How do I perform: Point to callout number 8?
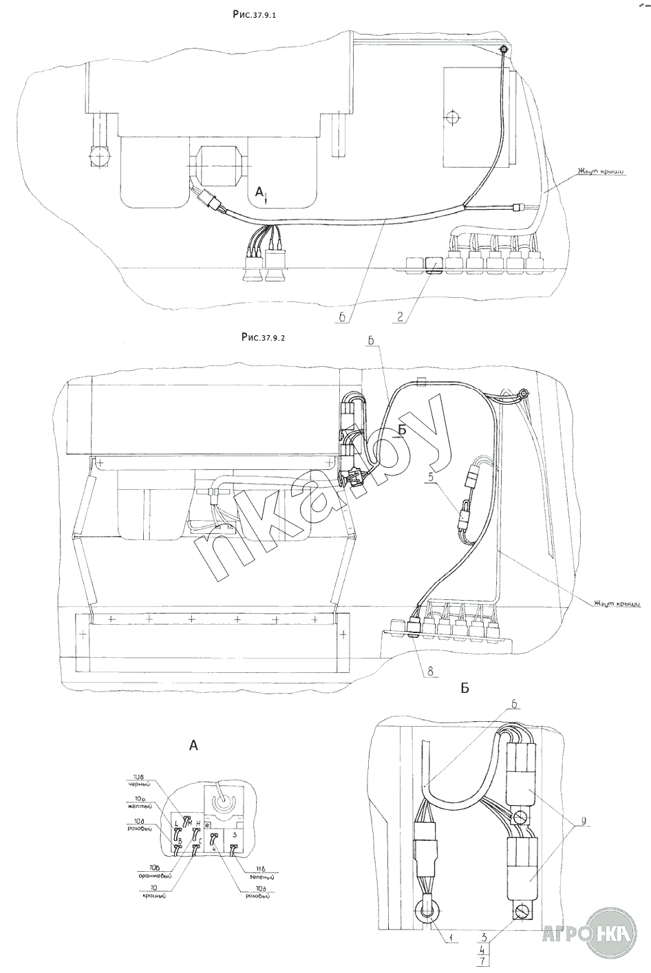[x=429, y=669]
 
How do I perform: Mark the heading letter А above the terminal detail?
[x=193, y=744]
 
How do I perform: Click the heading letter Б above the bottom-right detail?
[x=465, y=688]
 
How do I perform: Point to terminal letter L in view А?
[x=176, y=824]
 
